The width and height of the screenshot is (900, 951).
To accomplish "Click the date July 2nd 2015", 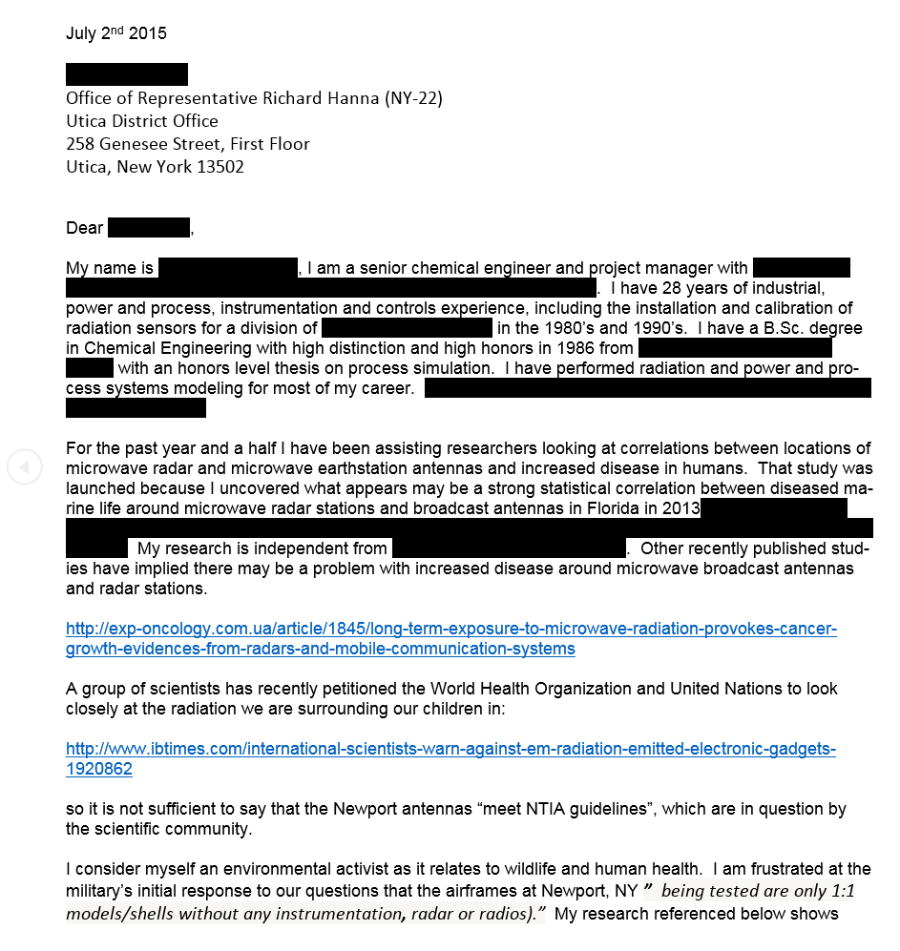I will tap(115, 33).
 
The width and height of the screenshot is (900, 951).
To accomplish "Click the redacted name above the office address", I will tap(126, 74).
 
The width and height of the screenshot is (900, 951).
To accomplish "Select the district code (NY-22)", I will tap(410, 98).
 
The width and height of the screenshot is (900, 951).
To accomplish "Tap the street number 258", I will tap(79, 144).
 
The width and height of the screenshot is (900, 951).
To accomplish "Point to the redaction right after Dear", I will tap(148, 228).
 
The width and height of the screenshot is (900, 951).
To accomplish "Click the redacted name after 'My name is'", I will tap(228, 268).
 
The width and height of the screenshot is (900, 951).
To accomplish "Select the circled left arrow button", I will tap(25, 466).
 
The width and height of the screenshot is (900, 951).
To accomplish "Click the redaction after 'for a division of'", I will tap(407, 328).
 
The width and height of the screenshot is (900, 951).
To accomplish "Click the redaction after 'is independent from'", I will tap(509, 548).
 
